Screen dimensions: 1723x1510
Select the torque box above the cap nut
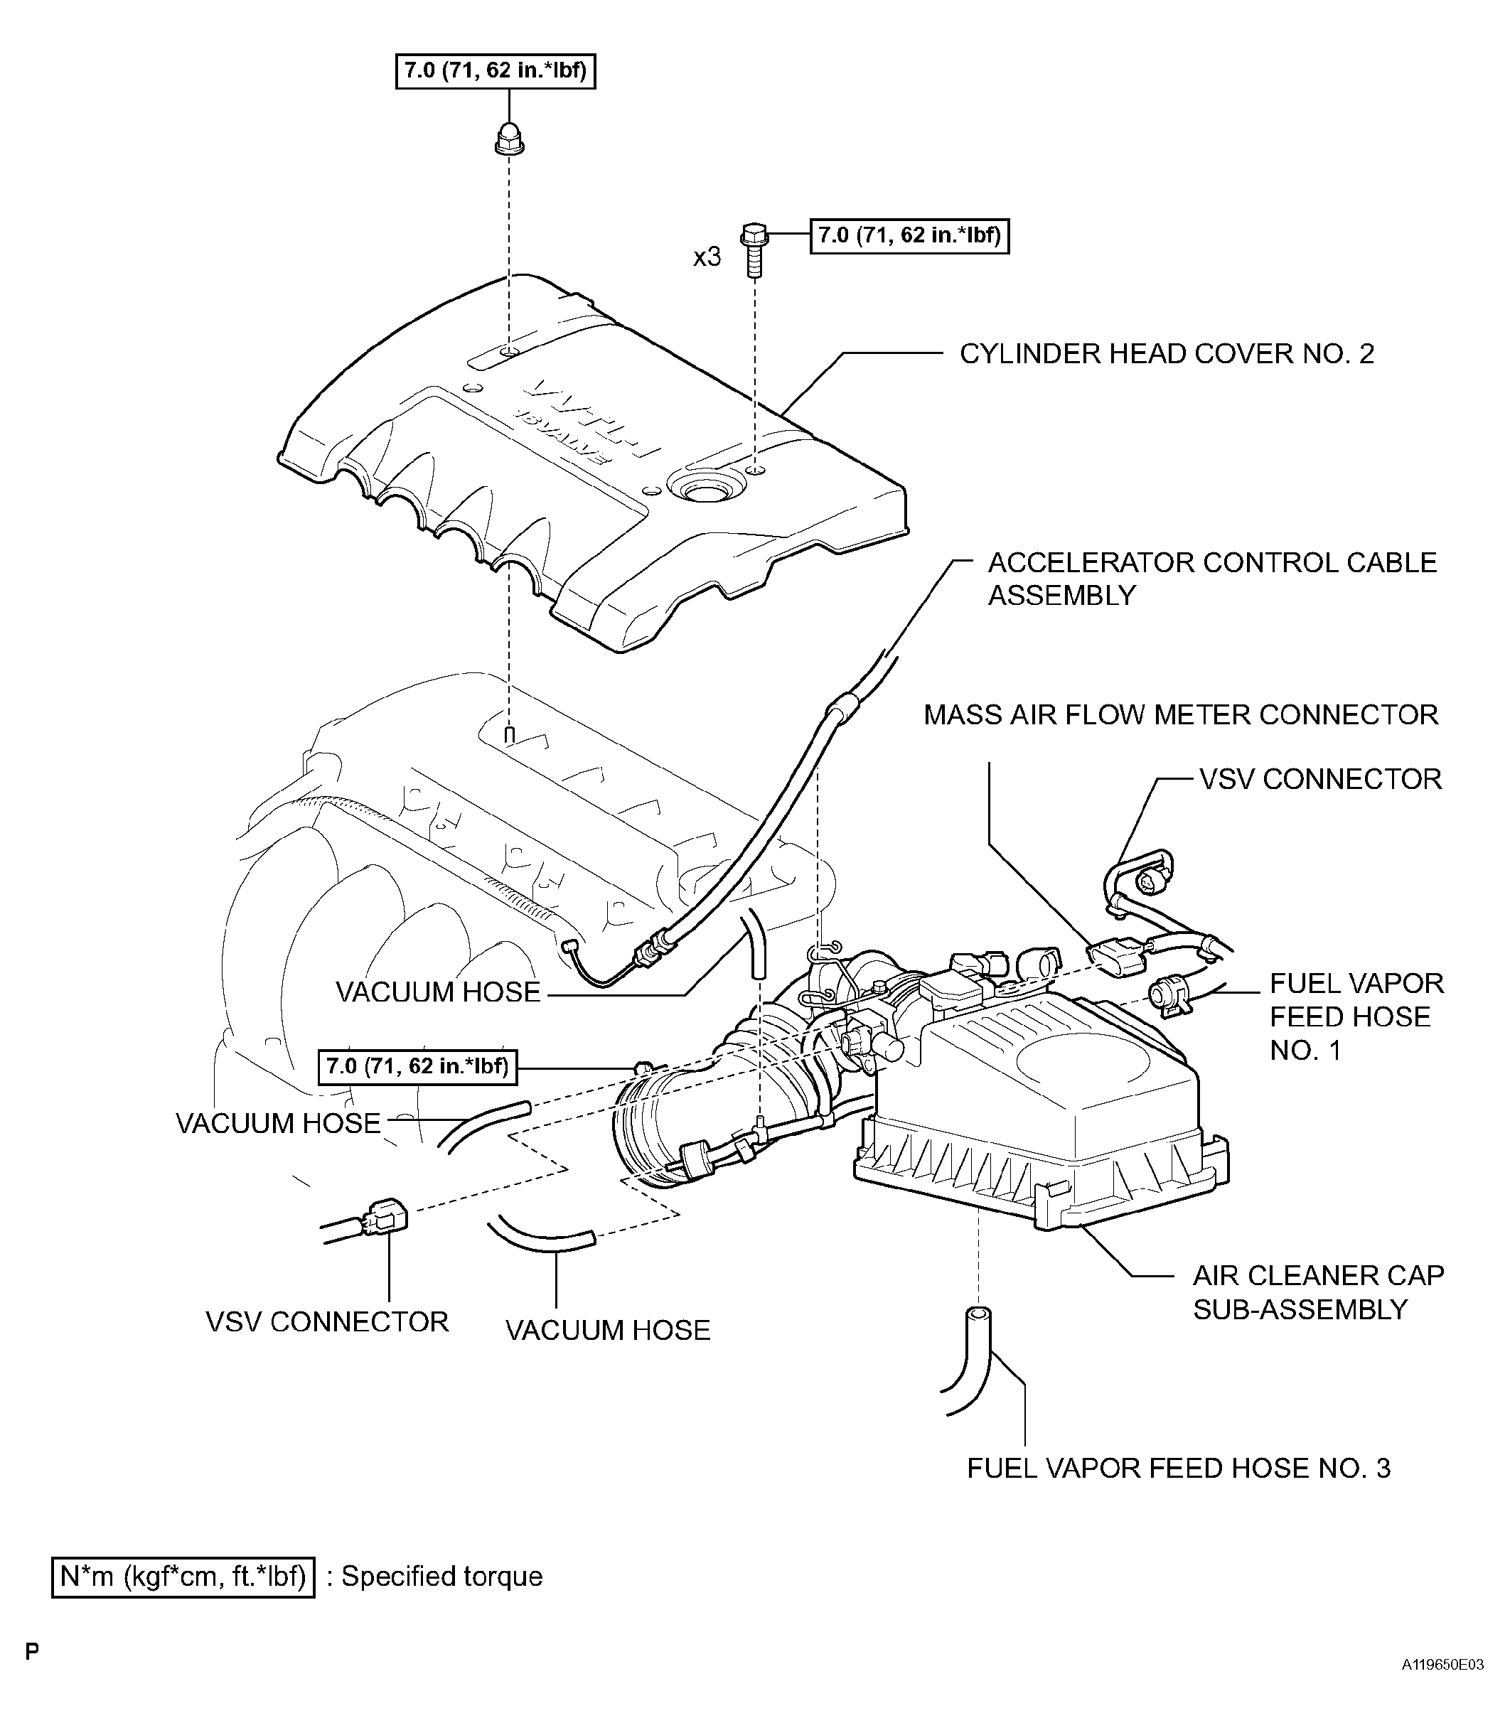pyautogui.click(x=496, y=71)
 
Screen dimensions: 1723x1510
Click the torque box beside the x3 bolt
pyautogui.click(x=909, y=236)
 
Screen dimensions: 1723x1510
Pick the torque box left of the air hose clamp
pyautogui.click(x=417, y=1067)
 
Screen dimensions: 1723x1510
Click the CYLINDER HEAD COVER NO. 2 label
pyautogui.click(x=1166, y=354)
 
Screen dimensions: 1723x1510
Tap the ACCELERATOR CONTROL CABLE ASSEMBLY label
pyautogui.click(x=1211, y=579)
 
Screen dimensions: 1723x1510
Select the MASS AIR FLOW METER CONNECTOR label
pyautogui.click(x=1181, y=714)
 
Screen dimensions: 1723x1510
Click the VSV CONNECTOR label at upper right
pyautogui.click(x=1319, y=779)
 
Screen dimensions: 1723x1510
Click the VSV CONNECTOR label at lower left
pyautogui.click(x=327, y=1321)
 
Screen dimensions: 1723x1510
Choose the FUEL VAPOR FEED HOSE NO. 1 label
pyautogui.click(x=1355, y=1017)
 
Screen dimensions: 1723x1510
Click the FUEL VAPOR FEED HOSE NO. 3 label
pyautogui.click(x=1178, y=1468)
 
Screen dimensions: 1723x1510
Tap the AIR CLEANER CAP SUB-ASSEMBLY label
pyautogui.click(x=1318, y=1292)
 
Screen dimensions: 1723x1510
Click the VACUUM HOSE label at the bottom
pyautogui.click(x=608, y=1329)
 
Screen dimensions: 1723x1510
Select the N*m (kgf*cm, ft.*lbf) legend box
pyautogui.click(x=183, y=1577)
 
